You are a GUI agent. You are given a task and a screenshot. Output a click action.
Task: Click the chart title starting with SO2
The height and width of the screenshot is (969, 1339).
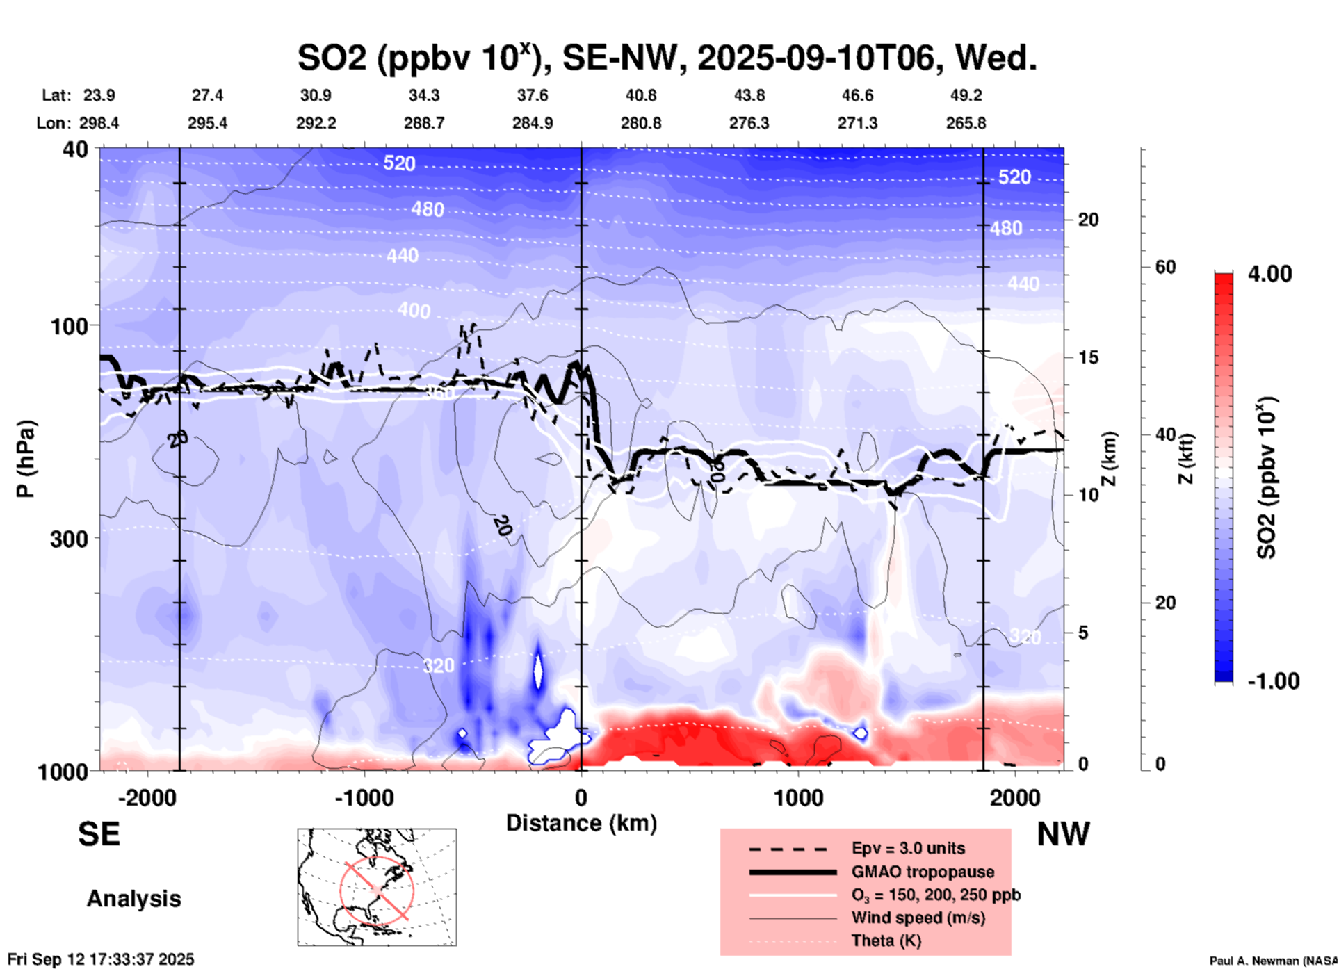coord(667,58)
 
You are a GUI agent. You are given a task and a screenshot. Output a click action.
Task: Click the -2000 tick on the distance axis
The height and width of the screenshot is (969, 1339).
coord(147,797)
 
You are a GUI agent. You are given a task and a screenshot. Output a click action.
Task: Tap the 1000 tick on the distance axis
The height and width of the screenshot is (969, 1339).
coord(798,797)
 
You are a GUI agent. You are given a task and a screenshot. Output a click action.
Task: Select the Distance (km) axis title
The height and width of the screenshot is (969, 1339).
coord(581,823)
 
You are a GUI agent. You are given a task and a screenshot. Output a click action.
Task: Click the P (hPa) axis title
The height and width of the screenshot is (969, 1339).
coord(26,459)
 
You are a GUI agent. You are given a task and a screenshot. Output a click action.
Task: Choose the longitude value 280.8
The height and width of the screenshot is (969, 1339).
coord(640,123)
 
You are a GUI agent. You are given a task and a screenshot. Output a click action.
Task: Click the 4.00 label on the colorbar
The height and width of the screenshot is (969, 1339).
coord(1269,273)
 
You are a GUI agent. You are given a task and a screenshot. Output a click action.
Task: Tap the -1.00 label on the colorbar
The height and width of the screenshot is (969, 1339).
coord(1273,681)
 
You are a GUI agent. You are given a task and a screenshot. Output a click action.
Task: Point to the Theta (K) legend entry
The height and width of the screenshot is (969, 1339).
coord(886,940)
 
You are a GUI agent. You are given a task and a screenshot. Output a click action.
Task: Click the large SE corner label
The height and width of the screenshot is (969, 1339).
coord(99,833)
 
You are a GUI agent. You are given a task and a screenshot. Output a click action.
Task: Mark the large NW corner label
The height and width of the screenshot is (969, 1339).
coord(1063,833)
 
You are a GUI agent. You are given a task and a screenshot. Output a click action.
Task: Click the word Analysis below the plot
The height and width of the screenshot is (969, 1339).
coord(133,899)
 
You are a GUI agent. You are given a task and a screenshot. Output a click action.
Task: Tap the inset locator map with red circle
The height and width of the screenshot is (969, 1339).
coord(377,887)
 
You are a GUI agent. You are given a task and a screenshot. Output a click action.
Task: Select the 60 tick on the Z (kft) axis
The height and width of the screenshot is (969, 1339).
coord(1165,267)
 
